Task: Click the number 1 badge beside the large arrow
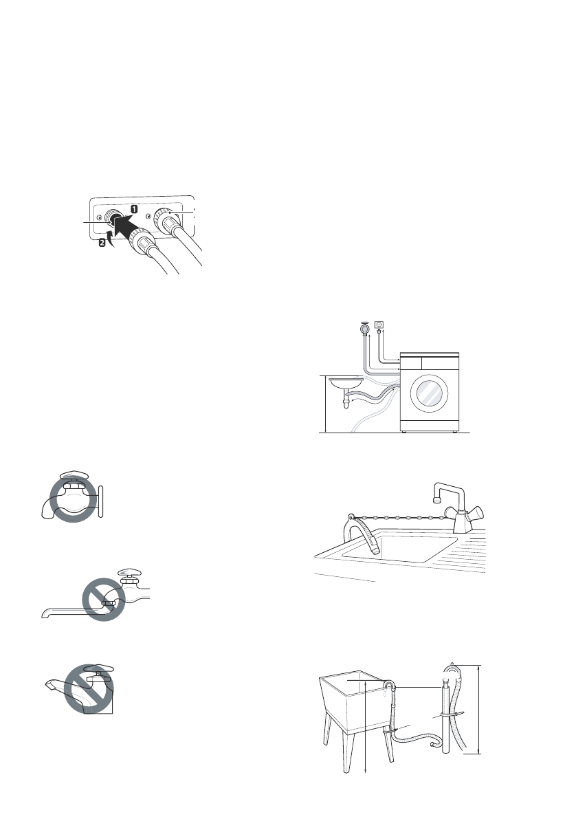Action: click(135, 207)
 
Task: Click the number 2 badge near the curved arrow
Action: click(102, 243)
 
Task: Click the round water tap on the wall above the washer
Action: click(364, 329)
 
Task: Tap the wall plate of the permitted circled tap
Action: click(101, 497)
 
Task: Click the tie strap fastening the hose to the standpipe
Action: click(443, 715)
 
